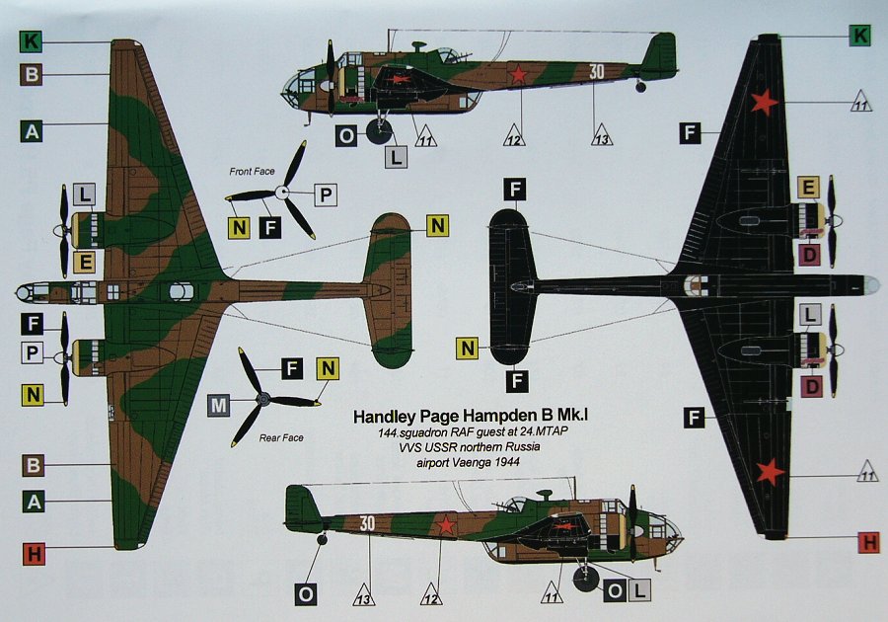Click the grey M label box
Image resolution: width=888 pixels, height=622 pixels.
click(219, 406)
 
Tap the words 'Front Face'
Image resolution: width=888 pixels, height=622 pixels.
click(252, 171)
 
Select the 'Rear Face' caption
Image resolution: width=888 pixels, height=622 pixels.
click(281, 437)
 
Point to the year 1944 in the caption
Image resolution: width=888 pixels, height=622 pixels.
click(507, 462)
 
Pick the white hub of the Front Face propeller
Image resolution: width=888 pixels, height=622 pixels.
click(282, 193)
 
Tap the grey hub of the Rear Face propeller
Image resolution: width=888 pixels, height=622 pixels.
click(261, 400)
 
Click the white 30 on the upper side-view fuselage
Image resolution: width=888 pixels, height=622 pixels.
click(596, 71)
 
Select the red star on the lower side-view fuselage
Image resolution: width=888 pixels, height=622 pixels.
click(446, 526)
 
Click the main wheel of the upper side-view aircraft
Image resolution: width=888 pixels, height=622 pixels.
click(379, 132)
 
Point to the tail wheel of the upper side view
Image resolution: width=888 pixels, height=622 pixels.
click(640, 87)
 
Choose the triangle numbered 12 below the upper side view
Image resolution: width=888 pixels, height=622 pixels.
click(514, 136)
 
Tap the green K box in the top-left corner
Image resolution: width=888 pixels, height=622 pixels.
click(31, 41)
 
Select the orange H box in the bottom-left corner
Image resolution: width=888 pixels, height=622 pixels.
click(34, 554)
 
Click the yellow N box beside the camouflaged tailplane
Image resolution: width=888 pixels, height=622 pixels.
click(437, 225)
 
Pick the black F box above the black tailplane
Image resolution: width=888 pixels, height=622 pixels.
click(515, 190)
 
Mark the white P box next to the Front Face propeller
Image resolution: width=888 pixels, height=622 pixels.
click(326, 194)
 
